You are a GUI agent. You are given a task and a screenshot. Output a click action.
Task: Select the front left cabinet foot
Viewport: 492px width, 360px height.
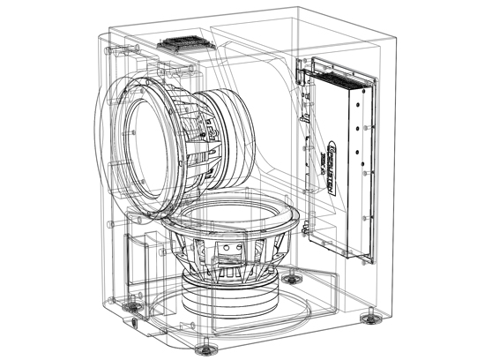pyautogui.click(x=133, y=306)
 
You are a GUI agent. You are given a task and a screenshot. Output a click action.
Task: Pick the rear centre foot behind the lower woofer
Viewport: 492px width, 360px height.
pyautogui.click(x=291, y=279)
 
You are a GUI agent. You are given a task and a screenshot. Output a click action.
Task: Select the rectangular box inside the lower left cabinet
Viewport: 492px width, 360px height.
pyautogui.click(x=141, y=256)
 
